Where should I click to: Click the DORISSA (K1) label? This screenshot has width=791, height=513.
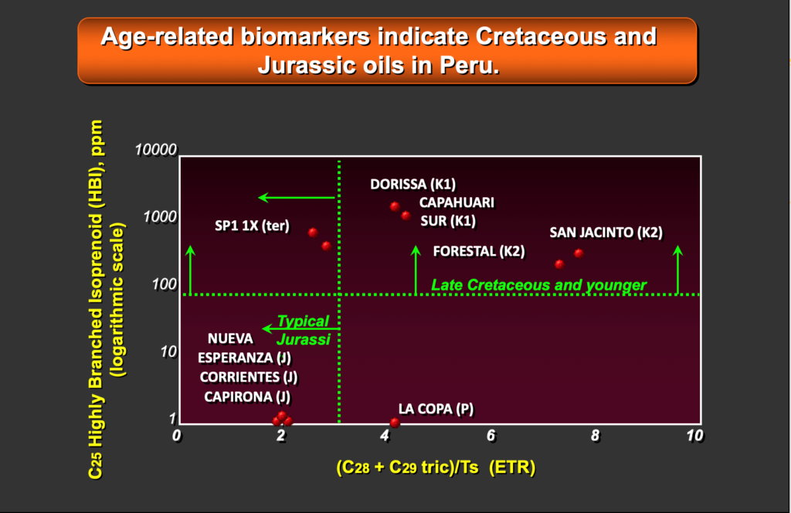click(x=412, y=184)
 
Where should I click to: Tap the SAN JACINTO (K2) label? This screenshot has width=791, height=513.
click(x=606, y=233)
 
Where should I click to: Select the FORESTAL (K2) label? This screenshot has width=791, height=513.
click(x=479, y=251)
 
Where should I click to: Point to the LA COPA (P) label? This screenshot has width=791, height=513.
click(x=436, y=409)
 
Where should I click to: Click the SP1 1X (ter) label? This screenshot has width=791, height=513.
click(x=253, y=226)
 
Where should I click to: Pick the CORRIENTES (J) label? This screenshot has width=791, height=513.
click(x=249, y=377)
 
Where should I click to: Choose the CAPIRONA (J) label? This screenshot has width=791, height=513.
click(x=247, y=397)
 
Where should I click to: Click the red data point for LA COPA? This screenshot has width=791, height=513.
click(x=395, y=422)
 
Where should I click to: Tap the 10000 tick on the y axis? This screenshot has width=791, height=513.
click(x=156, y=150)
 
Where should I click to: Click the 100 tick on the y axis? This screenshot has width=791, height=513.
click(x=165, y=284)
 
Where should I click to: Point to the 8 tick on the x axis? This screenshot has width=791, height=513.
click(x=596, y=435)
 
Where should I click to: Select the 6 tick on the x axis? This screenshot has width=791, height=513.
click(x=491, y=435)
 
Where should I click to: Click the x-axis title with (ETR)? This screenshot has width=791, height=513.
click(x=436, y=467)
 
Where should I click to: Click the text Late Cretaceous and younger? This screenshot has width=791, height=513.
click(x=538, y=285)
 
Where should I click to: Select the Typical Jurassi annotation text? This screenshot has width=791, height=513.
click(x=303, y=331)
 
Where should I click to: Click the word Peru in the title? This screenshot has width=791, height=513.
click(x=469, y=65)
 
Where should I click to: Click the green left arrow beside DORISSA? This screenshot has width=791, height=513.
click(x=297, y=197)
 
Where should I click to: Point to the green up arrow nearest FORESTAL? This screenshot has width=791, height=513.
click(x=416, y=270)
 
